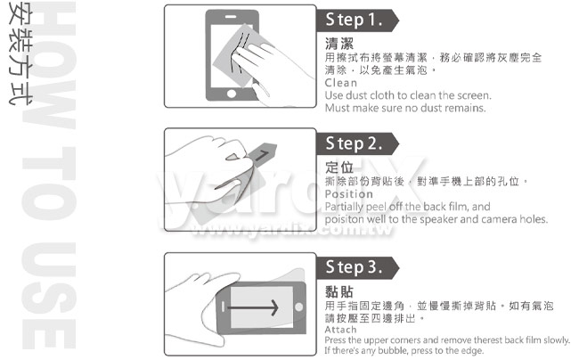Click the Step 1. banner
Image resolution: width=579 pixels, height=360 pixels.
357,20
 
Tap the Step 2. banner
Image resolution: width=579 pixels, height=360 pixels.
357,143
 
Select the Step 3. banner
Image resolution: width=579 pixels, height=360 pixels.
357,267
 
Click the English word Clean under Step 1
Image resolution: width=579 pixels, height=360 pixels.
341,83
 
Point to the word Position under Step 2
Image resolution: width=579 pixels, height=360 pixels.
349,194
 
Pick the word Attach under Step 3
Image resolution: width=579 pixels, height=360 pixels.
341,330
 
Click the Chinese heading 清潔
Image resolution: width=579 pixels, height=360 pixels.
339,44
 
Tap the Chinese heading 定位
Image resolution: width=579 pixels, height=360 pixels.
339,168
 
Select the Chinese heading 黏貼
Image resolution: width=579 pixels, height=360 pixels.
339,291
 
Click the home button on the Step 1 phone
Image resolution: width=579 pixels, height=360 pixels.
232,94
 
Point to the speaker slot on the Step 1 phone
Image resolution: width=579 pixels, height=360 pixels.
231,17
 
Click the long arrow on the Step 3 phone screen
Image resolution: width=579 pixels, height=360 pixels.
253,307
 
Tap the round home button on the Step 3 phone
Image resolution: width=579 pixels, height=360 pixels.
299,307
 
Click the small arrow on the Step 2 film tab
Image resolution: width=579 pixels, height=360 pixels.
261,155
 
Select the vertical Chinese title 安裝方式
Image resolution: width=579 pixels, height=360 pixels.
20,53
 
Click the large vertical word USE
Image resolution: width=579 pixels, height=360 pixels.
49,295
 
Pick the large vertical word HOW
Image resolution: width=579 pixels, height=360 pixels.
49,65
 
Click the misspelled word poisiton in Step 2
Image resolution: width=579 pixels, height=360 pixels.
339,219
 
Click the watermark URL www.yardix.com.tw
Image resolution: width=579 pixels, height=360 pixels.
291,230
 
